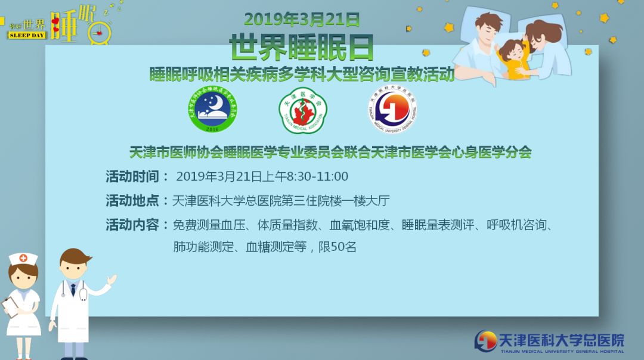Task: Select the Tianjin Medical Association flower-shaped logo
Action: click(303, 110)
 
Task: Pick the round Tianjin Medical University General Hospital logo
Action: click(392, 109)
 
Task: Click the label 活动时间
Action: click(132, 176)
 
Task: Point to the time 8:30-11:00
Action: click(317, 176)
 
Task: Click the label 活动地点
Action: click(132, 201)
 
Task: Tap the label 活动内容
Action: click(132, 225)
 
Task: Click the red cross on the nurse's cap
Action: click(23, 258)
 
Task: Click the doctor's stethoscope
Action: click(81, 293)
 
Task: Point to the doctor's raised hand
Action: click(111, 279)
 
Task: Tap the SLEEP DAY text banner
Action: click(27, 35)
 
